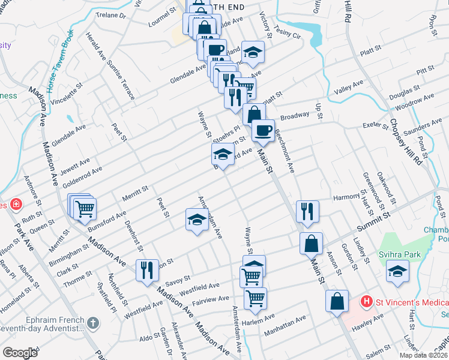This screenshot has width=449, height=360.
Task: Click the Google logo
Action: [20, 352]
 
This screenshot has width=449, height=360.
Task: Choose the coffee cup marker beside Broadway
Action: [262, 130]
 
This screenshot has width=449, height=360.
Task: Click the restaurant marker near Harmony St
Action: [307, 211]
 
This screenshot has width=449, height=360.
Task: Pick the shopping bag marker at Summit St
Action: [311, 244]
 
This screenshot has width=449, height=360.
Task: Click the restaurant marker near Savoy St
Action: [147, 269]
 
